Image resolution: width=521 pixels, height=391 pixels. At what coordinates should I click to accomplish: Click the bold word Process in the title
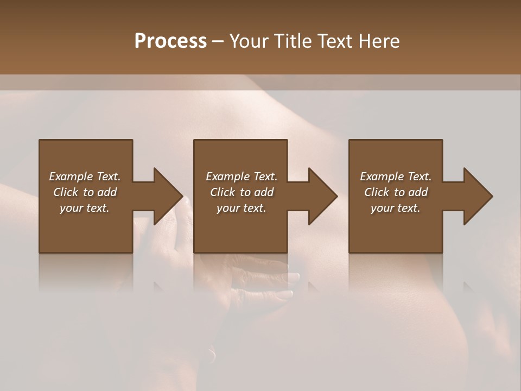170,41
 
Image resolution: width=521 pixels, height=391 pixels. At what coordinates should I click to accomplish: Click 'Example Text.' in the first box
85,176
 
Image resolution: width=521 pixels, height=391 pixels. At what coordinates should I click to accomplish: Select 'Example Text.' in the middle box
242,176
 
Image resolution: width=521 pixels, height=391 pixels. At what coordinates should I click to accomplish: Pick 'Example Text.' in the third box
396,176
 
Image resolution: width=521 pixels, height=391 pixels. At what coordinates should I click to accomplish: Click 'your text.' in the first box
85,208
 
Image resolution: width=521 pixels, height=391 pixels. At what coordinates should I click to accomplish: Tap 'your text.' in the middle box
242,208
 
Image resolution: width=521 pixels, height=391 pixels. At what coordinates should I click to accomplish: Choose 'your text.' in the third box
396,208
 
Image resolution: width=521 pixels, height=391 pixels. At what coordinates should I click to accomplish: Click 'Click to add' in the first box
85,192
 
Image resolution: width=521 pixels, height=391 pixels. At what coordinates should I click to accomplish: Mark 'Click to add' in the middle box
242,192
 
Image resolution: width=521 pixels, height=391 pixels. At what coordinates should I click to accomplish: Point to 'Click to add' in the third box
396,192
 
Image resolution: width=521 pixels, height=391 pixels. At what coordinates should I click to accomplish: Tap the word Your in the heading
249,41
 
